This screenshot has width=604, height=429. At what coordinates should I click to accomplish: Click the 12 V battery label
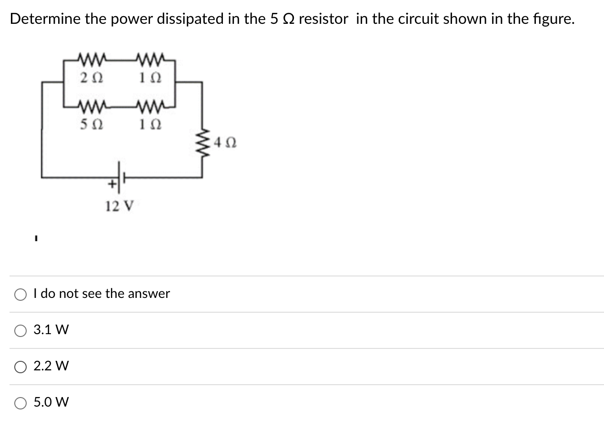pos(120,206)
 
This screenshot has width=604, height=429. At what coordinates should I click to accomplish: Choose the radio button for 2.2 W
pos(20,367)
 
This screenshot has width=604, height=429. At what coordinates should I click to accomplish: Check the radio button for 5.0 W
pos(20,403)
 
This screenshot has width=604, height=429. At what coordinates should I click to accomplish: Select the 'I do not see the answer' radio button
pos(20,294)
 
